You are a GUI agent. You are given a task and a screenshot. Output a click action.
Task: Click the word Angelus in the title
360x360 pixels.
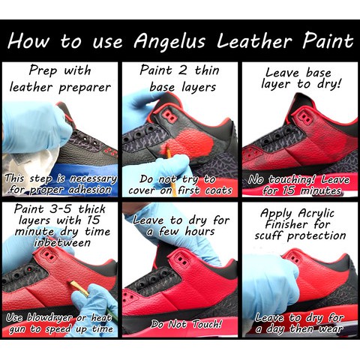click(169, 41)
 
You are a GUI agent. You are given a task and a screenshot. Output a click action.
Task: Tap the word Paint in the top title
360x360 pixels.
click(328, 40)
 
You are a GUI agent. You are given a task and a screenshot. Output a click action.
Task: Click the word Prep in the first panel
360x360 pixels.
click(43, 70)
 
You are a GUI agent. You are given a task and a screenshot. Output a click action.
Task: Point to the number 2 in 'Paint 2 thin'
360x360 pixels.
click(183, 70)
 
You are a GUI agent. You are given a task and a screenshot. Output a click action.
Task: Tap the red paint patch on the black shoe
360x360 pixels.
click(190, 141)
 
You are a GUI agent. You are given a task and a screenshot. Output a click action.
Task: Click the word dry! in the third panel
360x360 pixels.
click(329, 84)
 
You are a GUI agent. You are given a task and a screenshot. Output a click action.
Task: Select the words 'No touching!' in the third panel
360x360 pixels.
click(283, 179)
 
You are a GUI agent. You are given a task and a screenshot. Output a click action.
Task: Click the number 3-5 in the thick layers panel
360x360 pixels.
click(62, 209)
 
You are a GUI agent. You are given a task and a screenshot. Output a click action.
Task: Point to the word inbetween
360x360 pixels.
click(62, 243)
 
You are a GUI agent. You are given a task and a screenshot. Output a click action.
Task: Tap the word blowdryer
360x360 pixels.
click(49, 317)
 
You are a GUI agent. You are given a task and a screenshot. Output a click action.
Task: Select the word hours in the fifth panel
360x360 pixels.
click(199, 231)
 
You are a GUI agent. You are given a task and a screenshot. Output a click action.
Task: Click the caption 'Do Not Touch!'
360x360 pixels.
click(186, 324)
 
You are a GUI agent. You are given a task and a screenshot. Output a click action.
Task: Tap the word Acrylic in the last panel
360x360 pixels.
click(316, 214)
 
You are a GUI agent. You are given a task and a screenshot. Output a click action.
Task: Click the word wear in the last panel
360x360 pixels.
click(331, 329)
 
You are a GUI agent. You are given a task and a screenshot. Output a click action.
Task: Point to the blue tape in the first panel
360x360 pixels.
click(82, 172)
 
